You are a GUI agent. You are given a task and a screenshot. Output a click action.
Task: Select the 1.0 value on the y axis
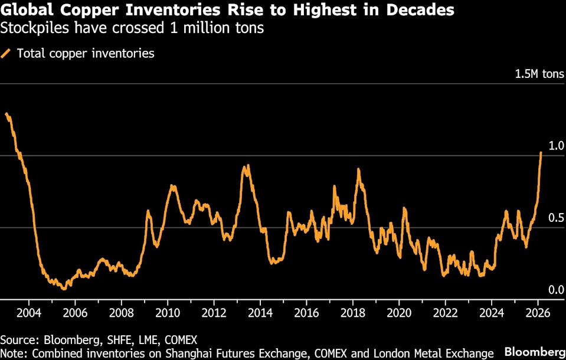(x=557, y=146)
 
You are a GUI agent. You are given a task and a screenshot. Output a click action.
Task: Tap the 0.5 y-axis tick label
(x=557, y=218)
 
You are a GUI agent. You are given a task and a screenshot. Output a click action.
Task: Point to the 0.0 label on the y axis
(x=557, y=290)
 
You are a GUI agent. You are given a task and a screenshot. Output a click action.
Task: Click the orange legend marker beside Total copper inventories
(x=6, y=54)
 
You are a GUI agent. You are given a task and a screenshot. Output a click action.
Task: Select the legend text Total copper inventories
(x=86, y=54)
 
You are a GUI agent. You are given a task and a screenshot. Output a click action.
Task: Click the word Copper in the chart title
(x=76, y=10)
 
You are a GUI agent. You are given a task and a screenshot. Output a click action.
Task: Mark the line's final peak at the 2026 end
(x=541, y=152)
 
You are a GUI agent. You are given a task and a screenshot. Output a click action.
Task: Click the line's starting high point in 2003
(x=6, y=114)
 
